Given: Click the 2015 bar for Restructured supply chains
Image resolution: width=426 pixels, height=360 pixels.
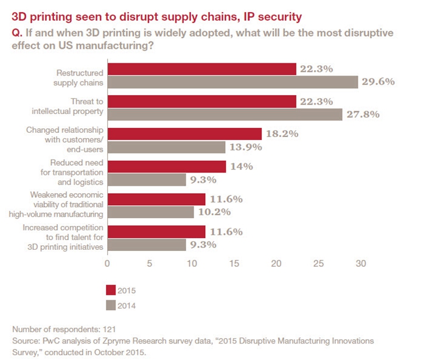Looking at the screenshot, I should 201,69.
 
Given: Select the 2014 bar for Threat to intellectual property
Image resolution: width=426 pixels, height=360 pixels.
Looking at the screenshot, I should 225,114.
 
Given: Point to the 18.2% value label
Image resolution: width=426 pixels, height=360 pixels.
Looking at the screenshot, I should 282,134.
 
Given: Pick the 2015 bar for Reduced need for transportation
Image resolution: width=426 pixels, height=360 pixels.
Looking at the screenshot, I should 166,167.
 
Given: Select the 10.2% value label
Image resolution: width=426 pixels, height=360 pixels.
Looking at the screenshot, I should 214,212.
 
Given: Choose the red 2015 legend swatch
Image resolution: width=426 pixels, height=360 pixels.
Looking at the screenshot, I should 111,289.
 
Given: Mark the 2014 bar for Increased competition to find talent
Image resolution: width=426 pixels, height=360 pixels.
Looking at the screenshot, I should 146,244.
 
